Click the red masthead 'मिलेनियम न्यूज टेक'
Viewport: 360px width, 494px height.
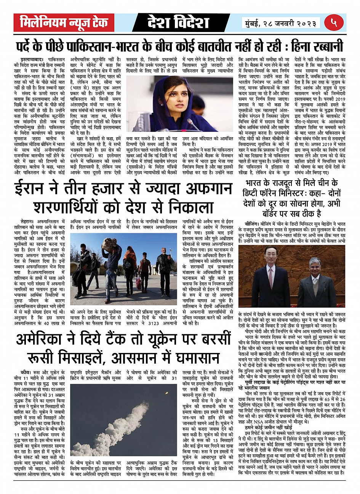pyautogui.click(x=64, y=22)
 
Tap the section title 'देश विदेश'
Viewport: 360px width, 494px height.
pyautogui.click(x=178, y=22)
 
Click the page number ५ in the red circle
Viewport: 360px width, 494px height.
pyautogui.click(x=334, y=22)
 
